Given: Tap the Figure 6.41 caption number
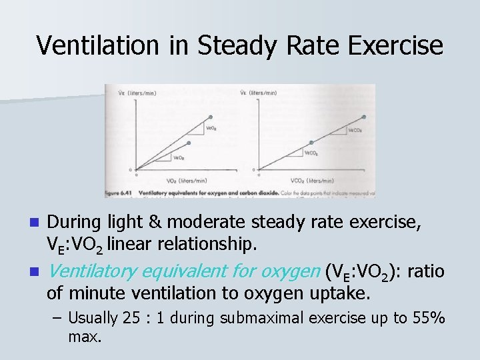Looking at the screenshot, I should point(119,193).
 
